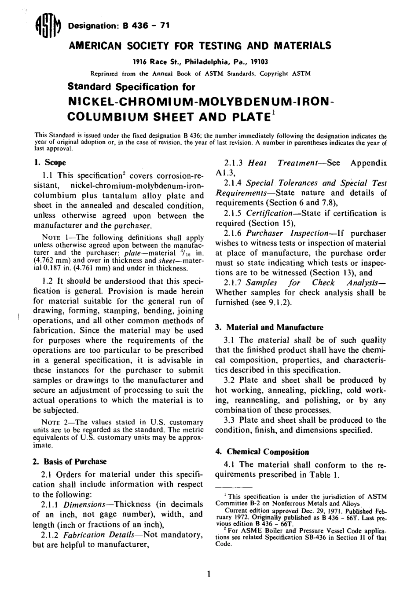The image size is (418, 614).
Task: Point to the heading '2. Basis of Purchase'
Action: tap(70, 461)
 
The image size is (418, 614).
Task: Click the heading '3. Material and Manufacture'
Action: tap(269, 327)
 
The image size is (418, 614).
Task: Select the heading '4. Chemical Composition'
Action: tap(262, 452)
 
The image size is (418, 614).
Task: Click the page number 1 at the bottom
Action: tap(209, 574)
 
